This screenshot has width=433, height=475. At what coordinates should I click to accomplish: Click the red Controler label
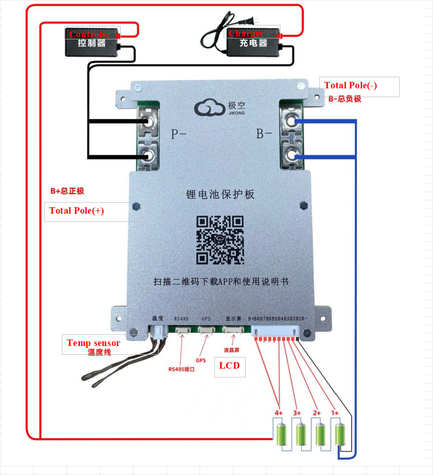[90, 34]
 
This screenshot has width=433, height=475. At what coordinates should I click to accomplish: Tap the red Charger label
[246, 33]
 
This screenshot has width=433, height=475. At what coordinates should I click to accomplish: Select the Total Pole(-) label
[350, 86]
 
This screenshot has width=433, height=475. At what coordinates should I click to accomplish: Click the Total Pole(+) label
[77, 211]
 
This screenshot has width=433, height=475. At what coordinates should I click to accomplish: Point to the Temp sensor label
[93, 343]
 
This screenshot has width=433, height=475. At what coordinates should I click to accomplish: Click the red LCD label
[229, 365]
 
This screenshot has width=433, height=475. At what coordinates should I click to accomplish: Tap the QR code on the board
[220, 240]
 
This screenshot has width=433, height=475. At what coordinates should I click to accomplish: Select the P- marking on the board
[178, 134]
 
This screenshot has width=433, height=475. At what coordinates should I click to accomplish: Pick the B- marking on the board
[264, 134]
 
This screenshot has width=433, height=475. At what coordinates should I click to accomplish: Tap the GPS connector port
[206, 330]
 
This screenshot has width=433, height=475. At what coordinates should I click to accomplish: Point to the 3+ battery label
[297, 413]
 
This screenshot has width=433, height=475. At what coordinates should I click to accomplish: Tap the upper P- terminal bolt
[148, 123]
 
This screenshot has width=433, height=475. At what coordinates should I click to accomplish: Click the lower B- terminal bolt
[291, 155]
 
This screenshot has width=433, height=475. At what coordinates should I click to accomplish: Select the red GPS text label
[201, 360]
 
